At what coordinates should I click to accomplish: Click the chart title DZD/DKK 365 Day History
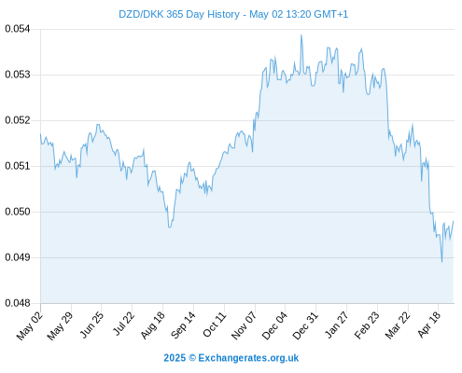click(179, 14)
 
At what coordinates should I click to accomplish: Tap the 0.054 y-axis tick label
click(18, 29)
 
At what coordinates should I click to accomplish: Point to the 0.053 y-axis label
click(18, 75)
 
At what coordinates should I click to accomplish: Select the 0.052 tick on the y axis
click(18, 120)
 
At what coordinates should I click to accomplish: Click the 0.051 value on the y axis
click(18, 166)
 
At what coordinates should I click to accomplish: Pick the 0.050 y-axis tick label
click(18, 212)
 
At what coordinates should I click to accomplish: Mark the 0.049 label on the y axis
click(18, 257)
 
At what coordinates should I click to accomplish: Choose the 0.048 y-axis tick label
click(18, 303)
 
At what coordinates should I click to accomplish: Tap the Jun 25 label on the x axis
click(91, 325)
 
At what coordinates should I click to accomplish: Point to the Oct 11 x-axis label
click(215, 325)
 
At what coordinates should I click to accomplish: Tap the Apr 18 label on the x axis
click(429, 325)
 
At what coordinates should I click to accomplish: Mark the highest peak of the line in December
click(301, 35)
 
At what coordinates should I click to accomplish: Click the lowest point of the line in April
click(441, 262)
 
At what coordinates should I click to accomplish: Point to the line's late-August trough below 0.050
click(170, 228)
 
